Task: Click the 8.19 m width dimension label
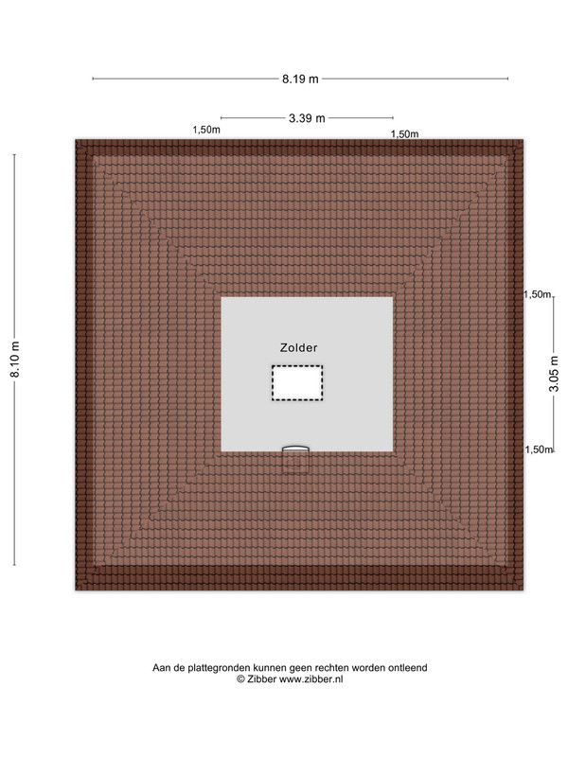coord(300,79)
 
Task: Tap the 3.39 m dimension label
coord(307,117)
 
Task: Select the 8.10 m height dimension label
coord(15,360)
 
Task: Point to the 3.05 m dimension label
coord(554,374)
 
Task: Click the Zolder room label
coord(298,347)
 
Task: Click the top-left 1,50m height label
coord(206,130)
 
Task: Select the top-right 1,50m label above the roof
coord(405,134)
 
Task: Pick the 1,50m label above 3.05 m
coord(538,294)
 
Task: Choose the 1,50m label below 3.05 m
coord(539,449)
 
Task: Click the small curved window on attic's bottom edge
coord(295,449)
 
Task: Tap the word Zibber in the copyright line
coord(262,678)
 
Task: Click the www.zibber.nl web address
coord(311,678)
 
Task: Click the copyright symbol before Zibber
coord(240,678)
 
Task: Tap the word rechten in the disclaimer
coord(331,668)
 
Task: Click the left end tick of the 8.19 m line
coord(93,79)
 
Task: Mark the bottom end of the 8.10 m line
coord(14,565)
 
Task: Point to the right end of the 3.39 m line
coord(393,117)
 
